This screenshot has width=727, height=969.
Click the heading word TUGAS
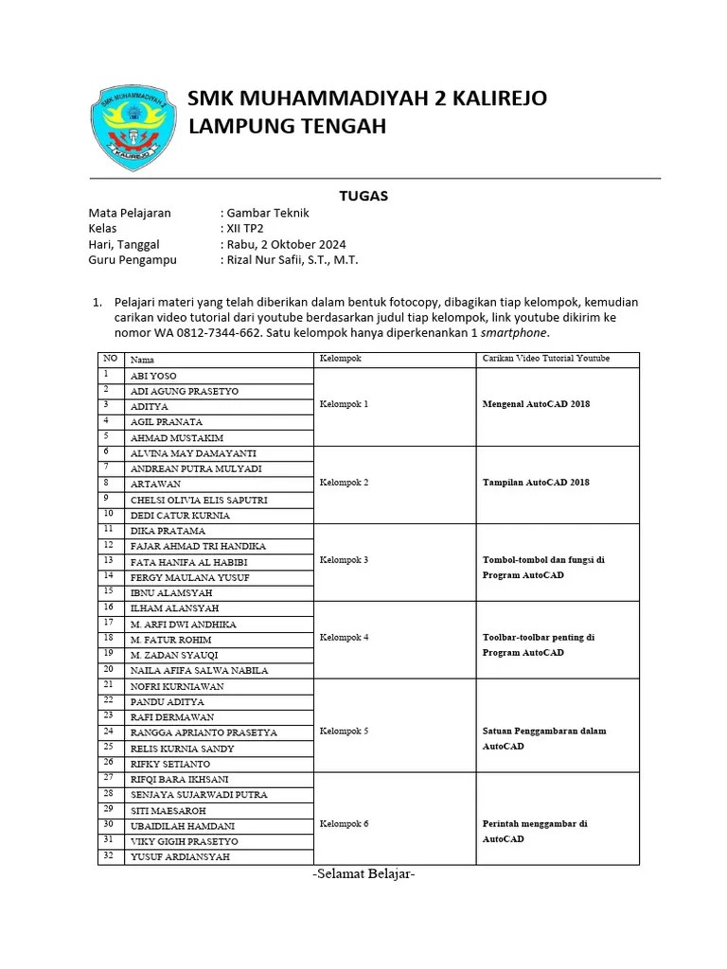363,196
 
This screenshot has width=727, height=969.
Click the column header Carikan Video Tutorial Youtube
545,359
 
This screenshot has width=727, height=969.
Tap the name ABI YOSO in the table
153,376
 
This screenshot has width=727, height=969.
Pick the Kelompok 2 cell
345,483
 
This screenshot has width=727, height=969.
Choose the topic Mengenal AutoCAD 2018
536,404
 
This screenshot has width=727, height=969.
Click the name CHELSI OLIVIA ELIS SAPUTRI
199,500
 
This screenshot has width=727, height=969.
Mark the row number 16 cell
110,608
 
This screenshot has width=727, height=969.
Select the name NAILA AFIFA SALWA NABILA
199,670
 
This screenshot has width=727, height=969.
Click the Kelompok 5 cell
345,731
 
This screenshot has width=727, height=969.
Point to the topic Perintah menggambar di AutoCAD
534,831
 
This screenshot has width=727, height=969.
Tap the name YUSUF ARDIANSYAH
180,857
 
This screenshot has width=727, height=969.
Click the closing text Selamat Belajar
363,874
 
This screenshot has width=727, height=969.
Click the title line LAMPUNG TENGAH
288,127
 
